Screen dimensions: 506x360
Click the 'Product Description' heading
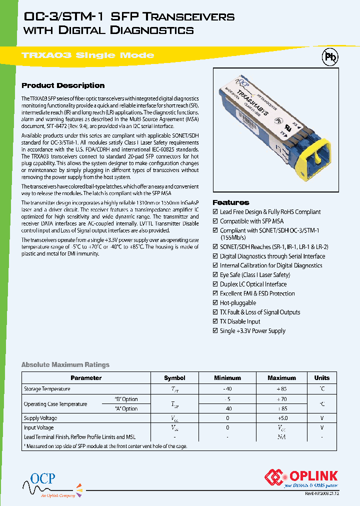pos(63,85)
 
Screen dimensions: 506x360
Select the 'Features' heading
pos(230,202)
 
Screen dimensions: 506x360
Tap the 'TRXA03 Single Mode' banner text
pos(88,55)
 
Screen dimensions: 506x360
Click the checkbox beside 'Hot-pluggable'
pos(215,303)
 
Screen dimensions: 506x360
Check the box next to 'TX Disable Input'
pos(215,321)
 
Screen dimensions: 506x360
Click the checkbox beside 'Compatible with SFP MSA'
pos(215,221)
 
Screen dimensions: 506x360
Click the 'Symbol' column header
pos(174,378)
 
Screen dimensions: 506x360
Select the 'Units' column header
pos(321,378)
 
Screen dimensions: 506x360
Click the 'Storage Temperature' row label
pos(47,389)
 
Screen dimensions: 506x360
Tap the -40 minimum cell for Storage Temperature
pos(227,389)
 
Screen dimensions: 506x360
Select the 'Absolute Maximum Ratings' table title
pos(65,365)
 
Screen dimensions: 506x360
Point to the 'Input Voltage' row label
pos(39,427)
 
